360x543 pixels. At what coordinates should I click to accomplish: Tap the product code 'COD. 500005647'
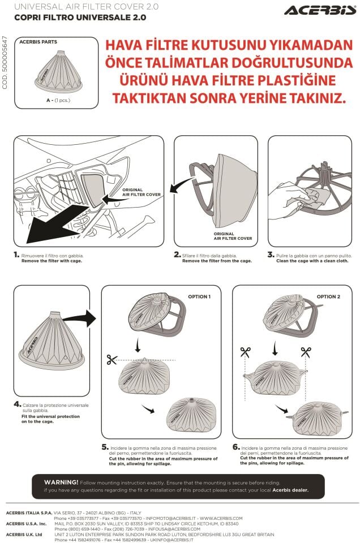5,62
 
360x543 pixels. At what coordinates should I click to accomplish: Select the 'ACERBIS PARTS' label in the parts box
38,42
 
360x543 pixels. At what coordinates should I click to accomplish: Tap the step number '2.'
177,255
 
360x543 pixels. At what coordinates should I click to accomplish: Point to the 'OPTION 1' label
199,297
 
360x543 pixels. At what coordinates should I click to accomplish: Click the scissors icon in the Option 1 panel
111,359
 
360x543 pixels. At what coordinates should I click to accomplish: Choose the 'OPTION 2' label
328,297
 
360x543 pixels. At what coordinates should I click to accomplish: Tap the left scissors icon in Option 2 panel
245,352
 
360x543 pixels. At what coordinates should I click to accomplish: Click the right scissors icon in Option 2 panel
306,352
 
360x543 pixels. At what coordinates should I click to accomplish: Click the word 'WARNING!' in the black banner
61,482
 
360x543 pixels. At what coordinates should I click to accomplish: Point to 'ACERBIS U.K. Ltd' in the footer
24,534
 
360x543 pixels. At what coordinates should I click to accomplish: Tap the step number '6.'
236,447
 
